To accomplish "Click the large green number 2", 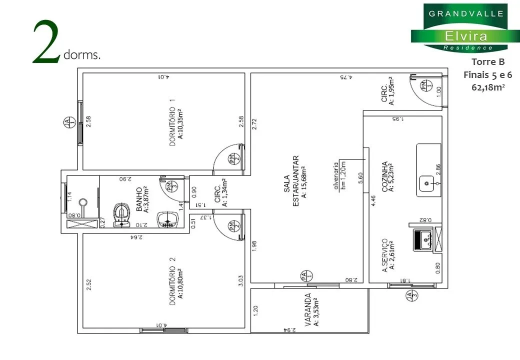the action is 47,44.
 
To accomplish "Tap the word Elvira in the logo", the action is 459,36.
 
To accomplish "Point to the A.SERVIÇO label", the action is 387,254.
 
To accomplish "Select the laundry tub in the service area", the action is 423,240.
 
